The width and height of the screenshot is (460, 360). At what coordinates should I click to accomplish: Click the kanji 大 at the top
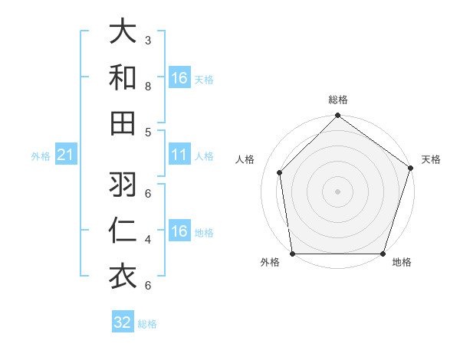click(123, 32)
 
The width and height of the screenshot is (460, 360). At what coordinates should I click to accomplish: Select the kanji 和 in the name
click(123, 77)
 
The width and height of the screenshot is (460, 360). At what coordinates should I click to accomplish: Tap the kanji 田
click(123, 123)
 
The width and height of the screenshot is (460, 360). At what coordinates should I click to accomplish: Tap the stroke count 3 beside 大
click(148, 40)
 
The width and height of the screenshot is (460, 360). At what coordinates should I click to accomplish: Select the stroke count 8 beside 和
click(148, 86)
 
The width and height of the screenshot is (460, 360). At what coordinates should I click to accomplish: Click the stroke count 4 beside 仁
click(148, 240)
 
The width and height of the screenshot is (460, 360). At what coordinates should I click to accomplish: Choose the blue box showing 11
click(179, 155)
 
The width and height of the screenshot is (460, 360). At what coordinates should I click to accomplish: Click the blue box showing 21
click(66, 155)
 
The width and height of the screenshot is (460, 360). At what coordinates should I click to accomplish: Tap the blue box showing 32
click(123, 322)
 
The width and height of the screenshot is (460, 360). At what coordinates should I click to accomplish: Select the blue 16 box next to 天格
click(179, 78)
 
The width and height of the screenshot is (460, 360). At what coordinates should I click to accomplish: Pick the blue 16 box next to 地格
click(179, 232)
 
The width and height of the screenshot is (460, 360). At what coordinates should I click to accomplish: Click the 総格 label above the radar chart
click(338, 100)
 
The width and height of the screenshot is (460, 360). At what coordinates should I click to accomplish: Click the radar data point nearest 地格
click(383, 254)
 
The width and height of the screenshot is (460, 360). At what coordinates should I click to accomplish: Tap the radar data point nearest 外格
click(293, 254)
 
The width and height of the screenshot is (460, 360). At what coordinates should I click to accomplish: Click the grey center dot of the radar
click(338, 191)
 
